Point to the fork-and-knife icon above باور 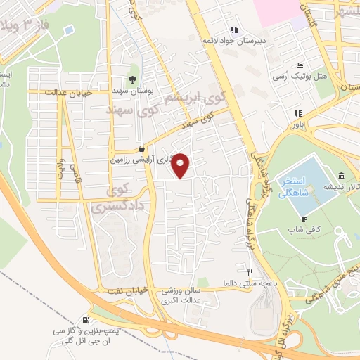(298, 112)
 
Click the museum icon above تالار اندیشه (340, 175)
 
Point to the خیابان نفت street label (126, 291)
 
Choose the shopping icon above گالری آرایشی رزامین (143, 149)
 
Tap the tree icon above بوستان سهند (131, 78)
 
